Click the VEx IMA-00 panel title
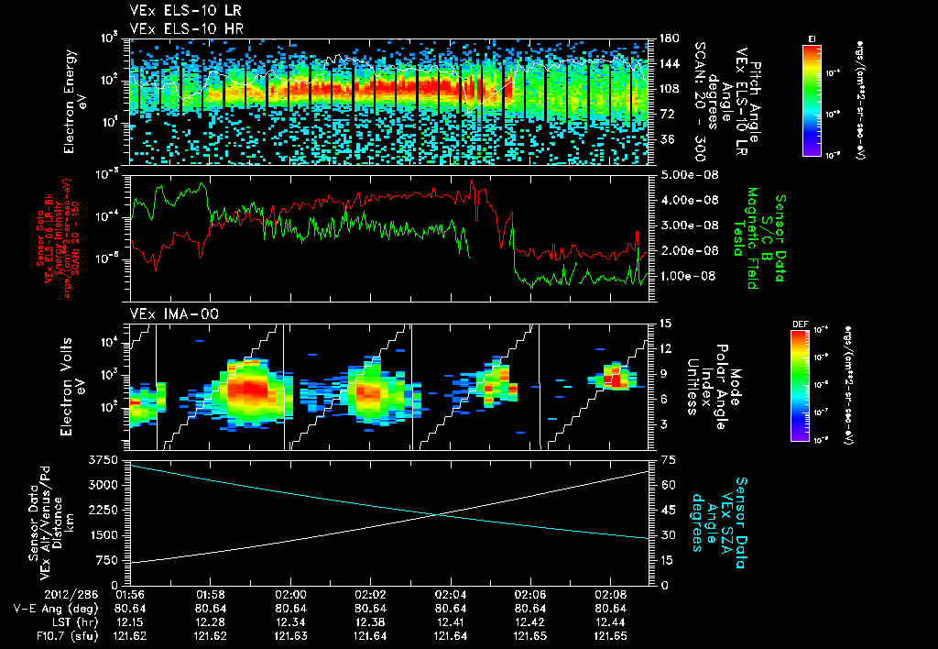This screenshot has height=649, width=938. click(166, 313)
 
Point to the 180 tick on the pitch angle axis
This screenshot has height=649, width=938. click(669, 38)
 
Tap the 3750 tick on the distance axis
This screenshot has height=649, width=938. click(110, 458)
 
